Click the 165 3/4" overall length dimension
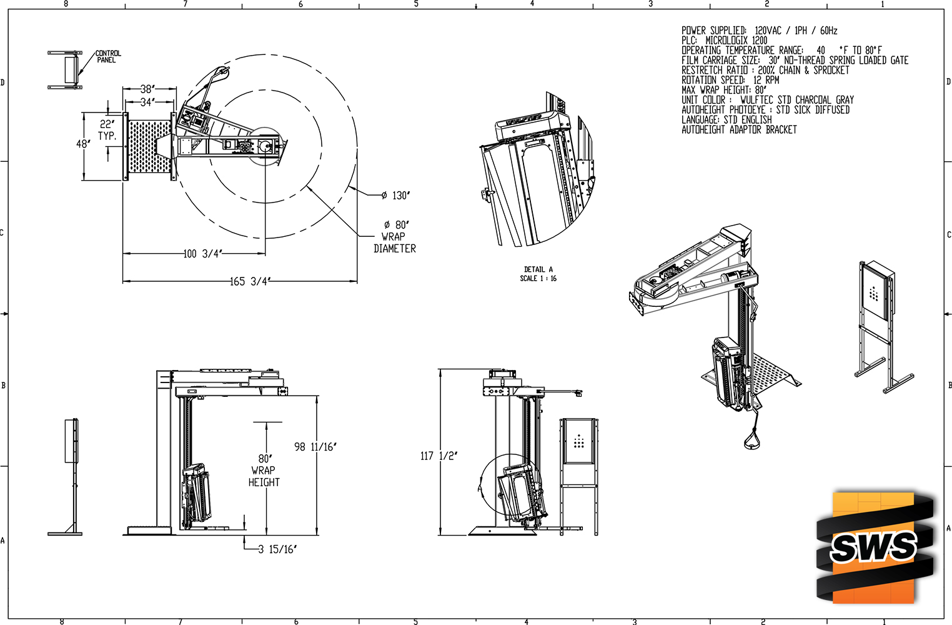[250, 281]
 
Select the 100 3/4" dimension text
[203, 254]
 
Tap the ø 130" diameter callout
[395, 196]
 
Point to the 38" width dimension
[147, 89]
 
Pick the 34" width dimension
[147, 102]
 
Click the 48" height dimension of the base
[83, 144]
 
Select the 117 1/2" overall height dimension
[439, 456]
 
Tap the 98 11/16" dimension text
[315, 447]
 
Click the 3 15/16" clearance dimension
[277, 550]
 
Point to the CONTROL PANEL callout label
[108, 56]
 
